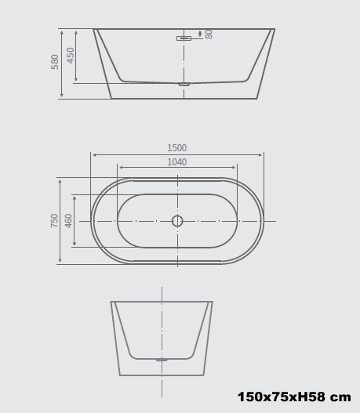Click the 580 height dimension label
(x=55, y=62)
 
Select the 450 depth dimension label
(x=71, y=55)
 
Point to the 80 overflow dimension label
(x=209, y=34)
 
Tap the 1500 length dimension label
(x=177, y=148)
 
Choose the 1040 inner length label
(x=177, y=162)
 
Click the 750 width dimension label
(x=54, y=221)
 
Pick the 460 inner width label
(x=68, y=221)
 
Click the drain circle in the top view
(x=177, y=221)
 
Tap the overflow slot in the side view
(x=184, y=38)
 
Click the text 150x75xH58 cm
(x=293, y=397)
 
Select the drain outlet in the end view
(x=162, y=360)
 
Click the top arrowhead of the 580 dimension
(x=62, y=32)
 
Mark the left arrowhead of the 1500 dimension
(x=94, y=155)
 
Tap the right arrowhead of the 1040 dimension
(x=235, y=168)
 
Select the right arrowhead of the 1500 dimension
(x=261, y=155)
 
